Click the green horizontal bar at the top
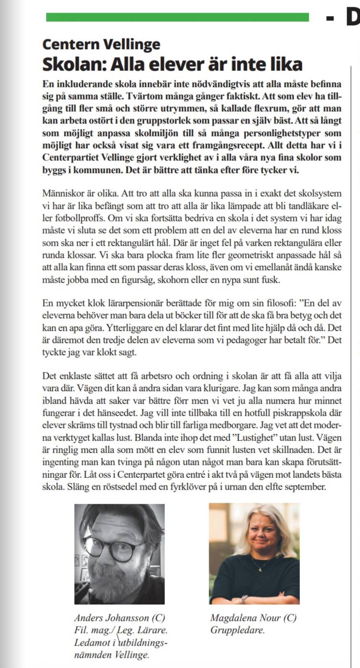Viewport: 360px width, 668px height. pyautogui.click(x=177, y=17)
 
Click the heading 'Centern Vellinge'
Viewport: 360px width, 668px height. pyautogui.click(x=101, y=45)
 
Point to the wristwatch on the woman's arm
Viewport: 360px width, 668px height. pyautogui.click(x=245, y=599)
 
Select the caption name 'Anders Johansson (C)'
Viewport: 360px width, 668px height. pyautogui.click(x=120, y=618)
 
